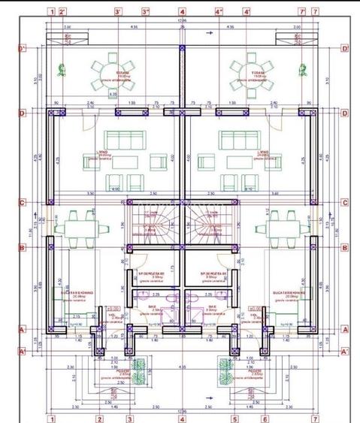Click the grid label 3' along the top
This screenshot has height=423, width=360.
click(118, 12)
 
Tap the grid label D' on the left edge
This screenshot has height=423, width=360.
click(22, 50)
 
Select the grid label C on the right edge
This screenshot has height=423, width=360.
click(344, 202)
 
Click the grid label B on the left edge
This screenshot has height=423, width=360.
click(22, 247)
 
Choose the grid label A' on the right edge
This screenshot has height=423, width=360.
click(344, 351)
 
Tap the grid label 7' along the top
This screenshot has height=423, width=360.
click(301, 12)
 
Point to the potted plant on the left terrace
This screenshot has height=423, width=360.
click(59, 70)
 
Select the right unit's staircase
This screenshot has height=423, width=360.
click(211, 222)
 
